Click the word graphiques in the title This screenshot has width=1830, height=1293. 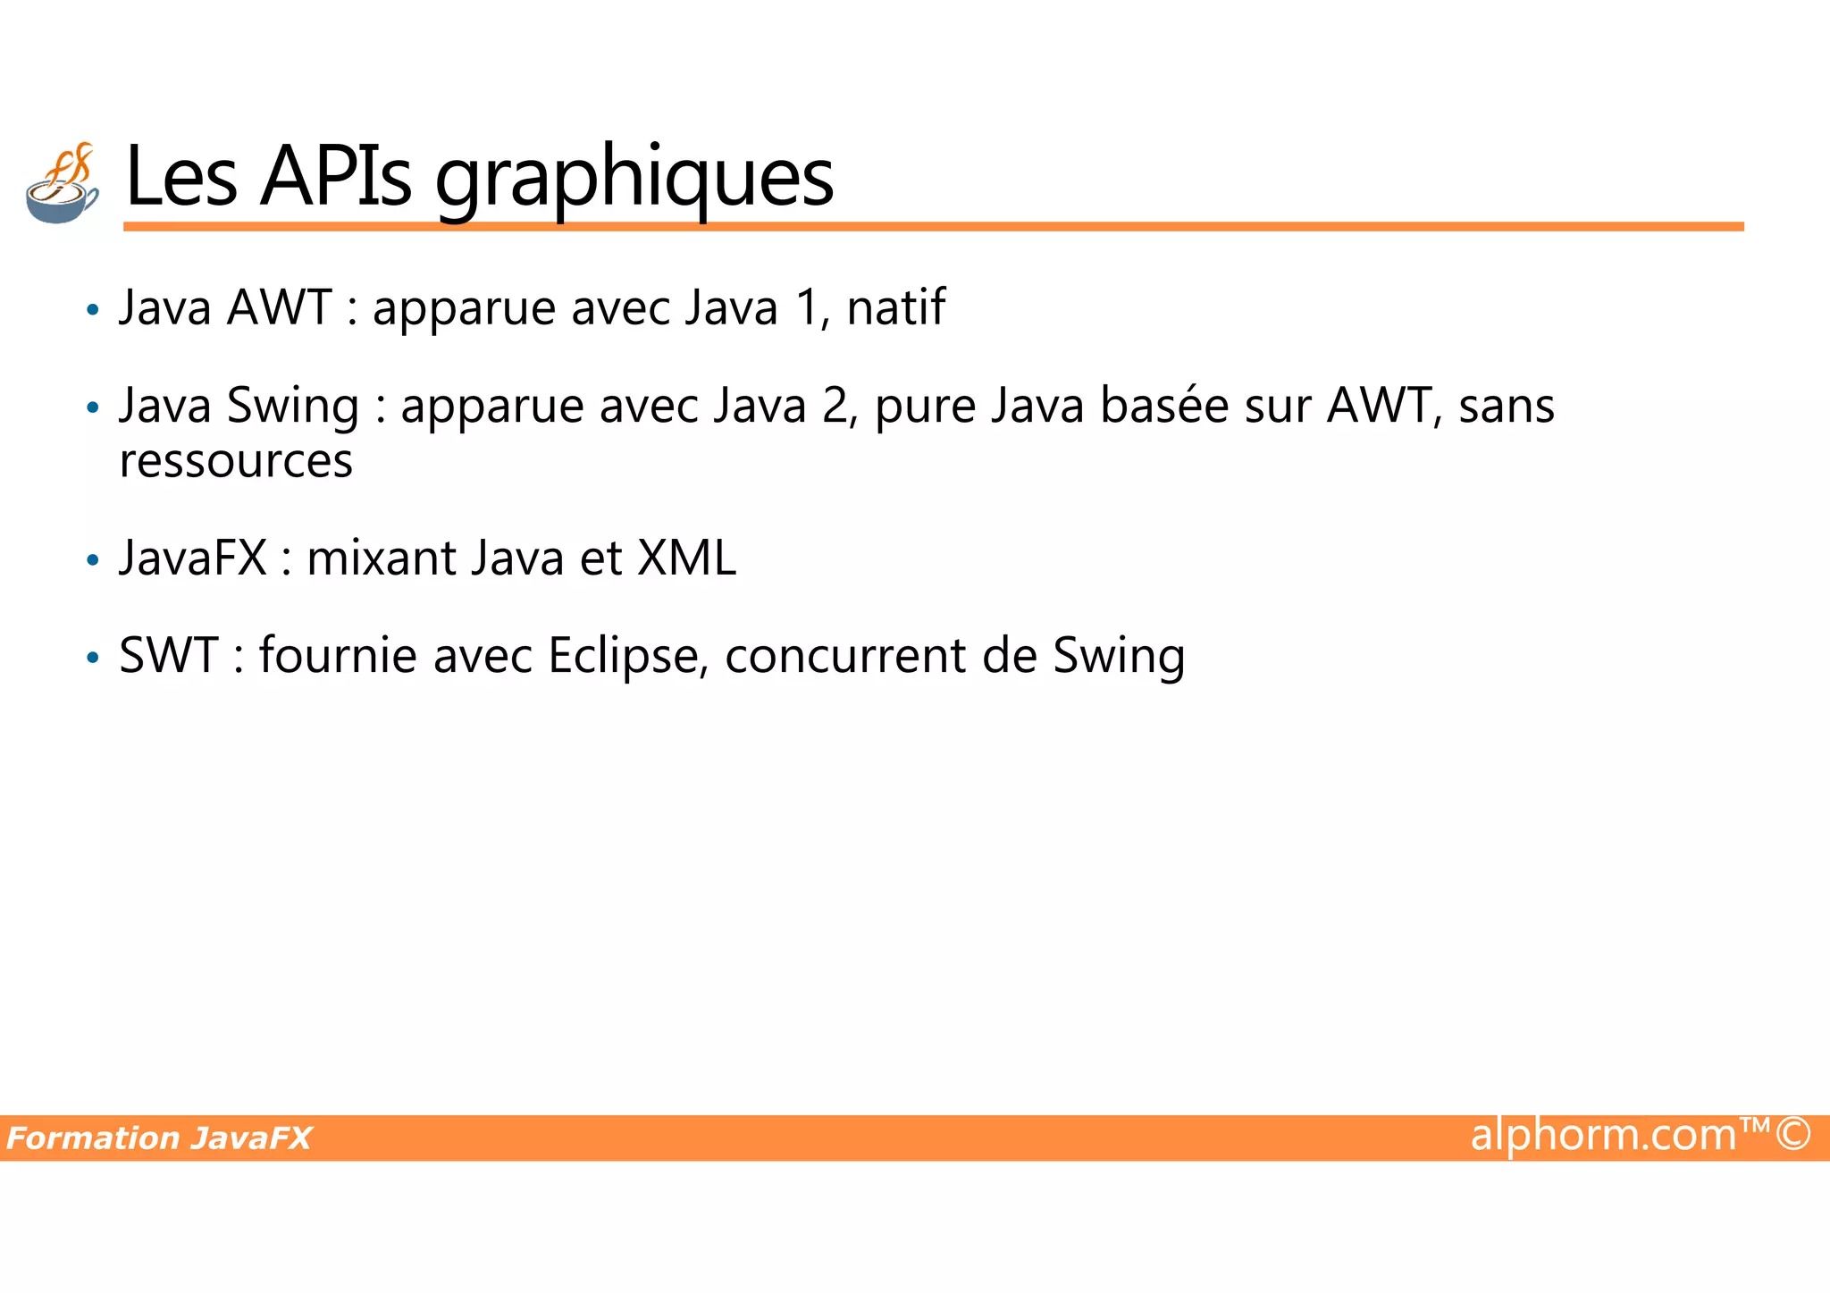(634, 179)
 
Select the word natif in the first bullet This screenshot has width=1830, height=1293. (895, 307)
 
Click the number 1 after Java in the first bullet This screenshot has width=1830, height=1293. (809, 307)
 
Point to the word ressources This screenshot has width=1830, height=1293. (236, 461)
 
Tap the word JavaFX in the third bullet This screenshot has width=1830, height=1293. (193, 558)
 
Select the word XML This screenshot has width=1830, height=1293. (686, 558)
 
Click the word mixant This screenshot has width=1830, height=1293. (382, 558)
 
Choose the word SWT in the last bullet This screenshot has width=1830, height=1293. (169, 655)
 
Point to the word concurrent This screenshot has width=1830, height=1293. (845, 655)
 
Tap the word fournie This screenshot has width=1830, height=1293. (338, 655)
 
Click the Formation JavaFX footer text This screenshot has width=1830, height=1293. (159, 1138)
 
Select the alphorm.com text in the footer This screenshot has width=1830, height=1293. (1604, 1135)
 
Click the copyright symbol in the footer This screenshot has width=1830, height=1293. (1793, 1134)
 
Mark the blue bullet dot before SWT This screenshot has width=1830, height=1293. (93, 659)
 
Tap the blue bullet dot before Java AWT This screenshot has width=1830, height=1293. (93, 311)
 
